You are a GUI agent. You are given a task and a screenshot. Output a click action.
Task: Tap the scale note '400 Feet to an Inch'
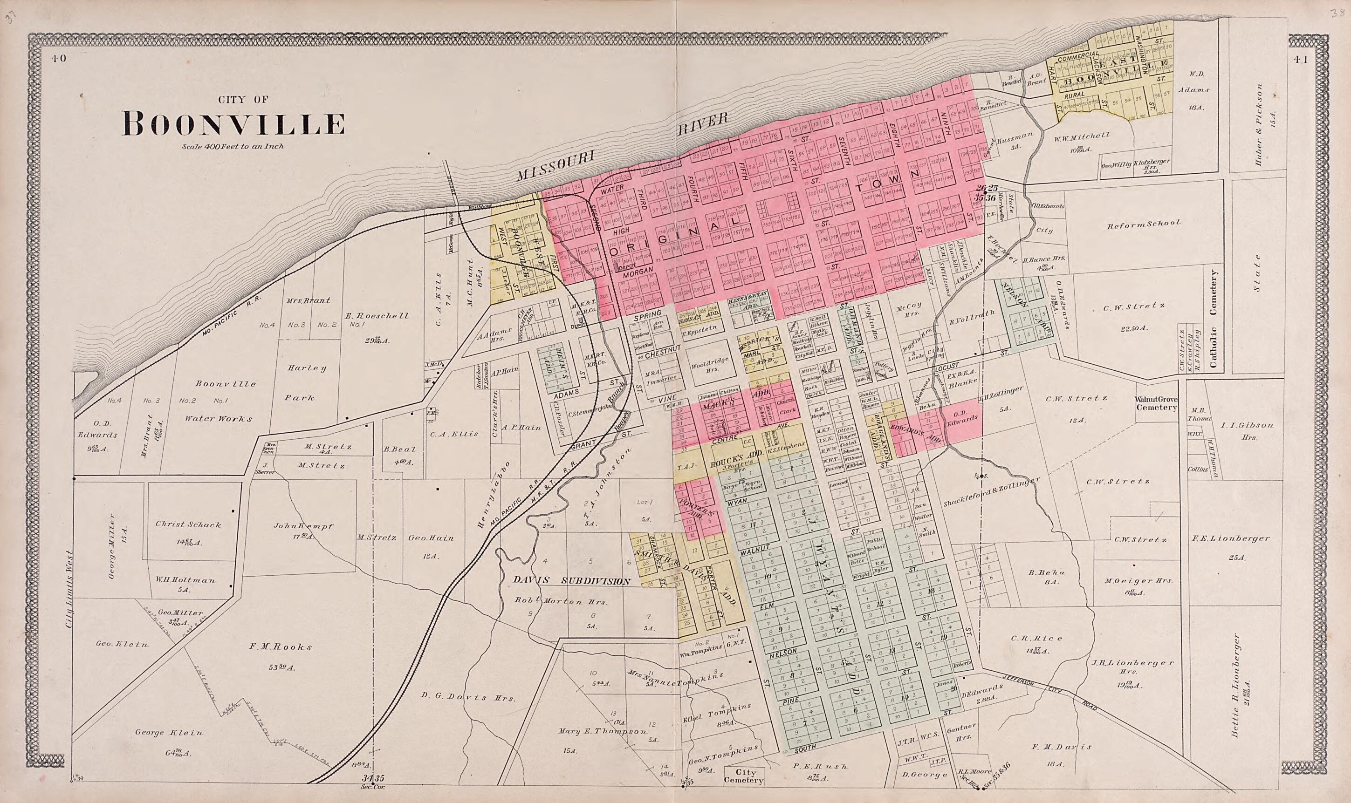233,146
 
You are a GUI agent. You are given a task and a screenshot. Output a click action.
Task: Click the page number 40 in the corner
59,59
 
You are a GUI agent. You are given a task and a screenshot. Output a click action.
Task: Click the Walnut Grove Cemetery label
1156,404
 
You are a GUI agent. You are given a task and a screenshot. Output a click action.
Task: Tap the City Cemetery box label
744,776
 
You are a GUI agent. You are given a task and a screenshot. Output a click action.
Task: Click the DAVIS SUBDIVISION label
571,581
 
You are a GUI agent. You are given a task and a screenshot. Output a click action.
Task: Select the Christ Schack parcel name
188,524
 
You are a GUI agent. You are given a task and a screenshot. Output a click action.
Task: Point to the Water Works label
218,418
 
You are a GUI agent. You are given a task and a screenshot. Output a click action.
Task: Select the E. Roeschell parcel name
377,315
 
